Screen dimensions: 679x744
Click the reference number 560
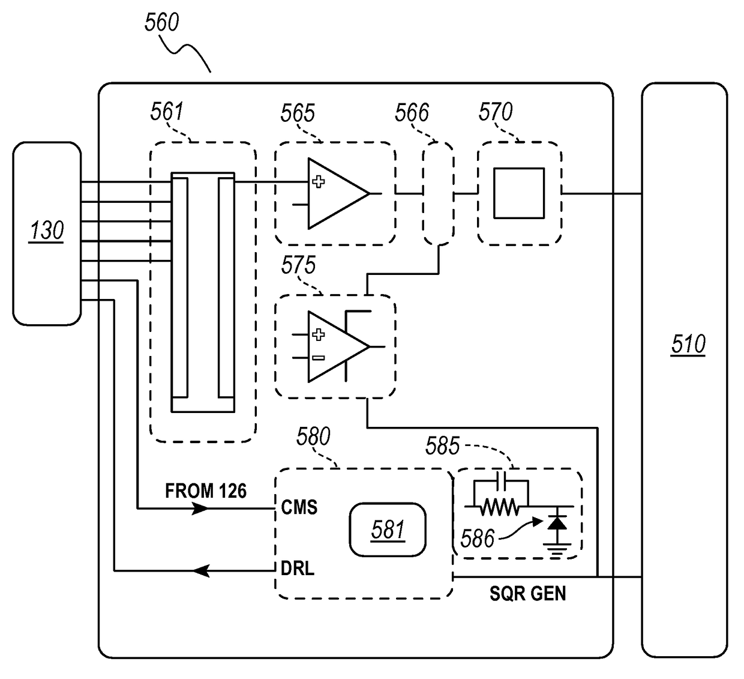coord(161,23)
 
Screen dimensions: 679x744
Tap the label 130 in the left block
coord(47,231)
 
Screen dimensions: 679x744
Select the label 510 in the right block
coord(688,345)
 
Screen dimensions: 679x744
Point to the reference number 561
coord(167,112)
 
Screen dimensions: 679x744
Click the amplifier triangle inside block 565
coord(337,193)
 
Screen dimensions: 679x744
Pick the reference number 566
coord(412,113)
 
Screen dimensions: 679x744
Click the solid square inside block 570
coord(519,193)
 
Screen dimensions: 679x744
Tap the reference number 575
coord(298,265)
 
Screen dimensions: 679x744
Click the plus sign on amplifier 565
coord(319,181)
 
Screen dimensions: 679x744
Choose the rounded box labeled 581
coord(388,530)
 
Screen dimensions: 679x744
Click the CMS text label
coord(299,508)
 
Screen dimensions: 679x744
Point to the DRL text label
coord(297,569)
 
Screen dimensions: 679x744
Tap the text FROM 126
coord(206,491)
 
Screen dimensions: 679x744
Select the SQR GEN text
coord(527,594)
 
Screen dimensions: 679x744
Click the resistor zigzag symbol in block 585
coord(500,508)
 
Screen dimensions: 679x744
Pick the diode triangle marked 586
coord(558,522)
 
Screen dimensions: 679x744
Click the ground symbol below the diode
coord(558,549)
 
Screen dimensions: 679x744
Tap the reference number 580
coord(313,437)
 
